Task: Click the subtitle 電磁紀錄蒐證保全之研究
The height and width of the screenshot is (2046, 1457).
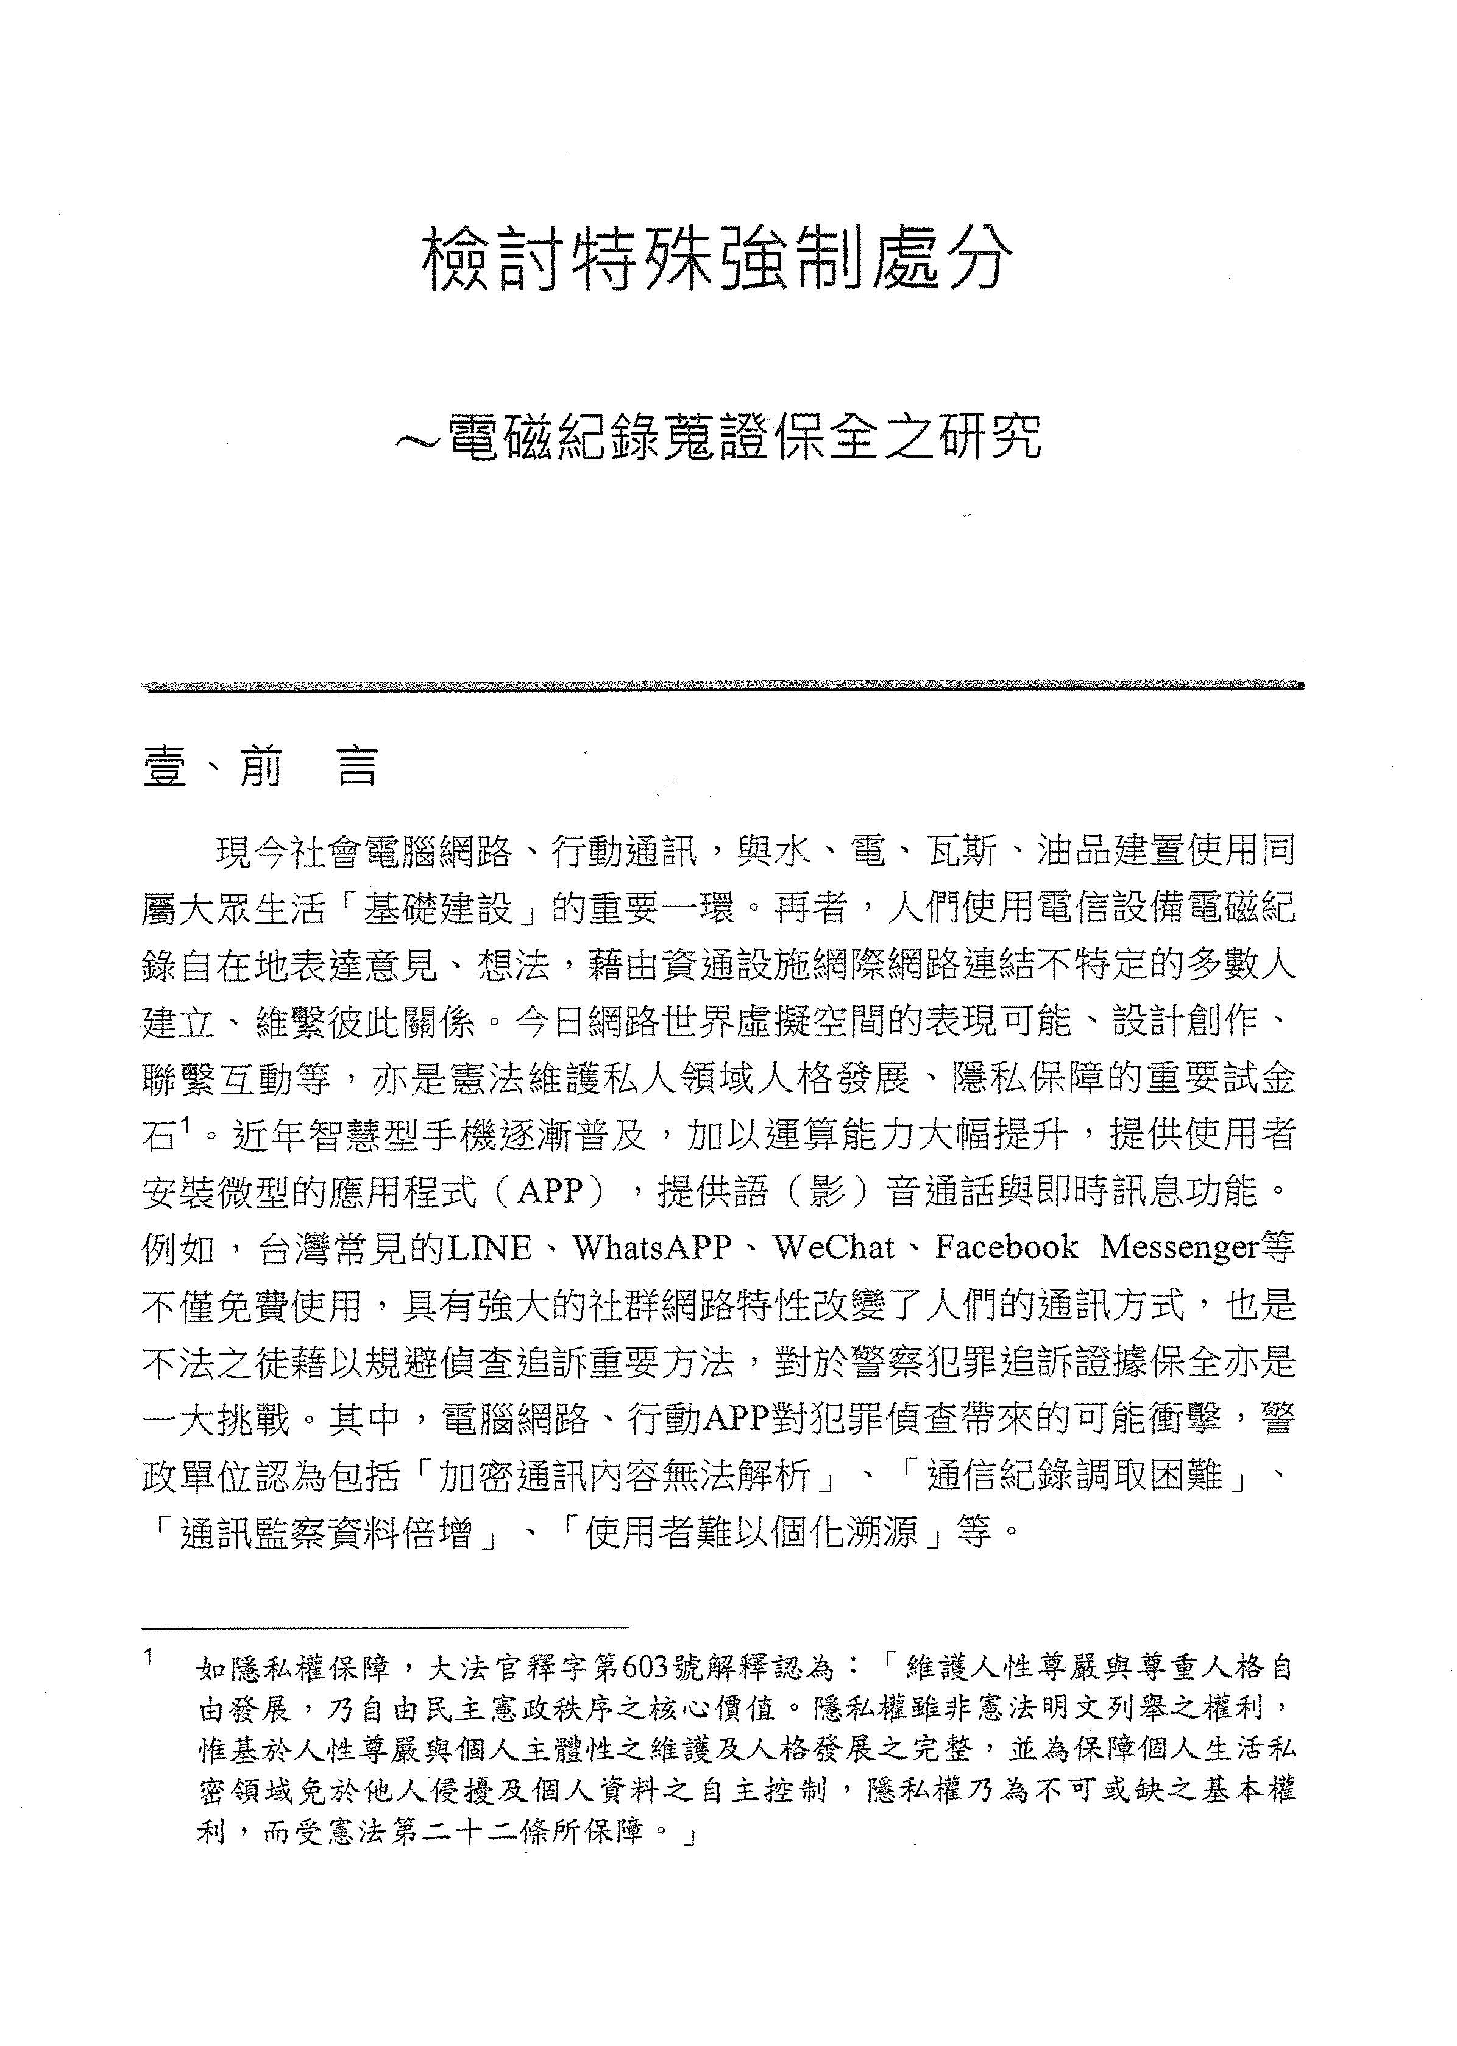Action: tap(744, 438)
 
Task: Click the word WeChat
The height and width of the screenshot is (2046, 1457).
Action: tap(834, 1248)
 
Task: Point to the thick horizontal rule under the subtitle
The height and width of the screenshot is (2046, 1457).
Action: tap(722, 687)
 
